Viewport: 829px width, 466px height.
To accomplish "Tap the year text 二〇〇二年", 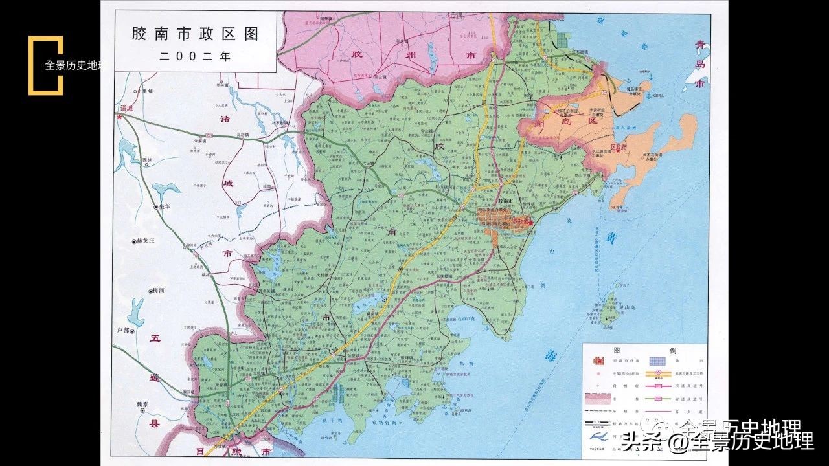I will (195, 56).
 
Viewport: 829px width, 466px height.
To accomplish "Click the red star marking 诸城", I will (119, 118).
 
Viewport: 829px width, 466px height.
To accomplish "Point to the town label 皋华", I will (161, 207).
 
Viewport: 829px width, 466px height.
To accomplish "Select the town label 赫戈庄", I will (147, 241).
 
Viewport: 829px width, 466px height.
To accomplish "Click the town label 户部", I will (124, 331).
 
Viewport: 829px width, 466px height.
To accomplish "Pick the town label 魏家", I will (144, 405).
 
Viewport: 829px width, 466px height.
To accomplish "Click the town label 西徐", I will (148, 158).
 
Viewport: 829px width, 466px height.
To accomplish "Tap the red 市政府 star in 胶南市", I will (530, 221).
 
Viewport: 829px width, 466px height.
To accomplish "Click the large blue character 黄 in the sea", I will (611, 238).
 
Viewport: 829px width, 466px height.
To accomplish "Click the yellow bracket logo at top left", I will (45, 65).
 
